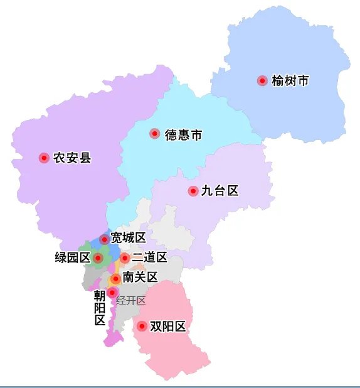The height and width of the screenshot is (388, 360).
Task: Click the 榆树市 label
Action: (x=290, y=81)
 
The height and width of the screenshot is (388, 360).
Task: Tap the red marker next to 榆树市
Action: (x=262, y=80)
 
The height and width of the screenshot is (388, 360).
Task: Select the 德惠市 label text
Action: (x=183, y=134)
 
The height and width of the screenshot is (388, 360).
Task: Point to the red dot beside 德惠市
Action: (x=154, y=134)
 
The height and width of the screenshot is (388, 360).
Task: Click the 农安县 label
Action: (x=72, y=158)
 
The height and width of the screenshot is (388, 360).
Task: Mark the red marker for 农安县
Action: (x=44, y=158)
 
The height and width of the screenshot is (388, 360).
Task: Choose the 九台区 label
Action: (x=220, y=191)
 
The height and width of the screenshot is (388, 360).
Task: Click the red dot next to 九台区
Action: (x=193, y=191)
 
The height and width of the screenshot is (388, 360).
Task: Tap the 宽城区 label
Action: (x=128, y=237)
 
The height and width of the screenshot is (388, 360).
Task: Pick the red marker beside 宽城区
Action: (x=104, y=239)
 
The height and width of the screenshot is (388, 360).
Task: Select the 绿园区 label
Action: (x=73, y=257)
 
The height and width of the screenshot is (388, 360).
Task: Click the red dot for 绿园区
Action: (x=98, y=257)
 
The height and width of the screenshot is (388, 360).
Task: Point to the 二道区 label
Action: (x=149, y=257)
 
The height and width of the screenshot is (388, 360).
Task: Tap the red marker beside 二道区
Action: (x=125, y=257)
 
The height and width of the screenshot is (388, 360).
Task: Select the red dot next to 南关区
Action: (x=115, y=278)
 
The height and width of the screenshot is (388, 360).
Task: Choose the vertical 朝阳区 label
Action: (x=100, y=308)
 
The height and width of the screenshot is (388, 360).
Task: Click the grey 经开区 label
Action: (x=131, y=301)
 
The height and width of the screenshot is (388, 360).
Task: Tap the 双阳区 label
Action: (x=168, y=326)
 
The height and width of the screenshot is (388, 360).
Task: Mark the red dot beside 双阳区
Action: (x=142, y=326)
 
